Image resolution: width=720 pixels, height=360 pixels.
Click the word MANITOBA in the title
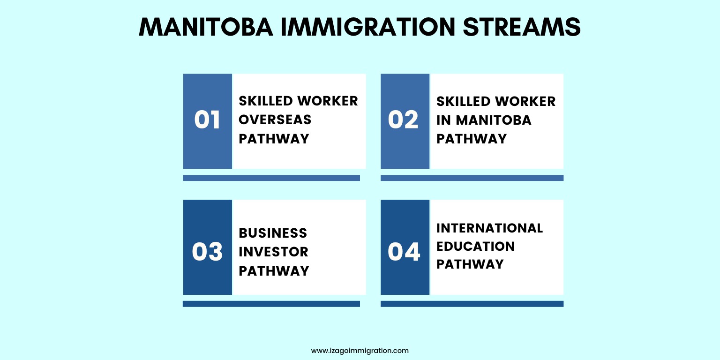(x=206, y=27)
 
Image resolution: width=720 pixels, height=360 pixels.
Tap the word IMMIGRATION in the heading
(x=368, y=27)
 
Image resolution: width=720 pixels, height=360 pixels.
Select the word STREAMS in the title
(x=522, y=27)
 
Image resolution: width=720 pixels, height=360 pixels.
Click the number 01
(x=207, y=120)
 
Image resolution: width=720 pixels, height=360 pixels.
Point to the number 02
(x=403, y=120)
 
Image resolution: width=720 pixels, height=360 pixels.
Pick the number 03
(x=207, y=251)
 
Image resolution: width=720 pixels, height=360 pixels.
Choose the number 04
(x=404, y=251)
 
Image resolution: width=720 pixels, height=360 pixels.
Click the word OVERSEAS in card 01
(x=275, y=120)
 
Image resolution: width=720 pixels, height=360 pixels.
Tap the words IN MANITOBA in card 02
(x=484, y=120)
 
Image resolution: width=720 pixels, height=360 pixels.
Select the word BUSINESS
(x=273, y=233)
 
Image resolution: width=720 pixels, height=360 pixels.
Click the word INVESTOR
(x=274, y=252)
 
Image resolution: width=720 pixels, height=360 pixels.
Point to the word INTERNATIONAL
(x=489, y=228)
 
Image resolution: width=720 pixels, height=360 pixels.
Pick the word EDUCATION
(x=476, y=247)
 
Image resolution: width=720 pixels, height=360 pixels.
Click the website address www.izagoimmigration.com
(x=360, y=351)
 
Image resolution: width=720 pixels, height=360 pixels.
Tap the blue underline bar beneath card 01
(x=271, y=178)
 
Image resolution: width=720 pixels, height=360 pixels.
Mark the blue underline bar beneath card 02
(x=472, y=178)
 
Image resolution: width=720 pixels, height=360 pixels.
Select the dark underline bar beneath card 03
(x=271, y=304)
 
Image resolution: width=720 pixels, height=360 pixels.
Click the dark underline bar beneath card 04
(x=472, y=304)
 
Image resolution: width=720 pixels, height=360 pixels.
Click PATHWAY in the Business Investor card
(x=274, y=271)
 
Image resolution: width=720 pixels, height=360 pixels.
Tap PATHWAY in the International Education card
(x=470, y=264)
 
